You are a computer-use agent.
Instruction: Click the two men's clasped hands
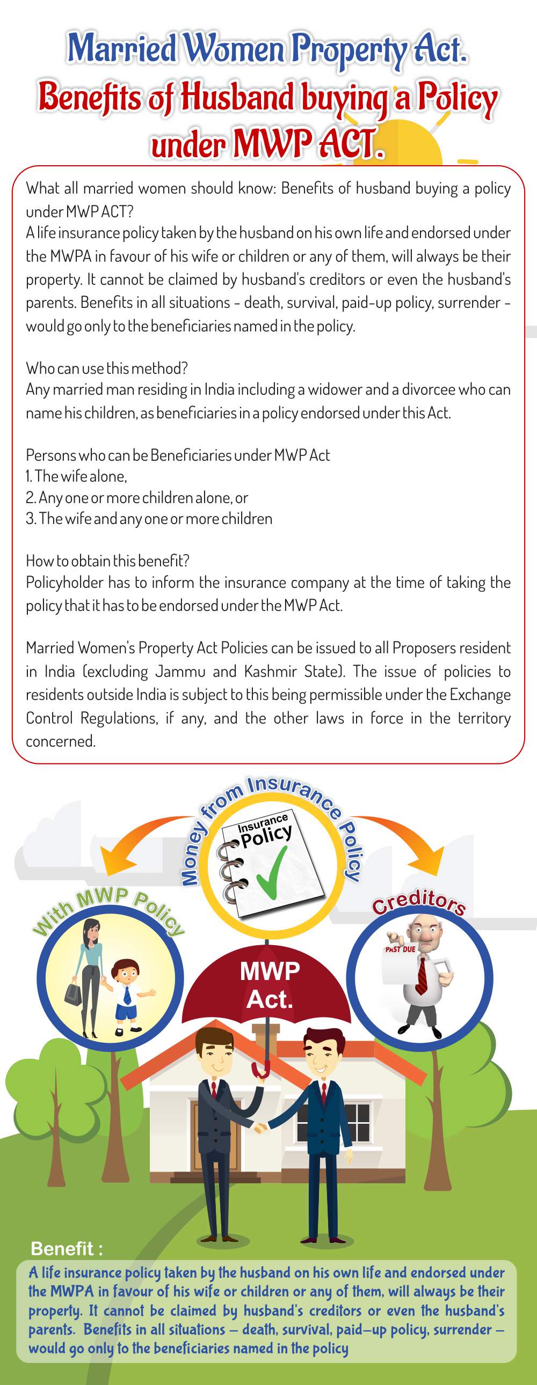tap(262, 1125)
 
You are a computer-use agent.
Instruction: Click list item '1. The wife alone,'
tap(76, 476)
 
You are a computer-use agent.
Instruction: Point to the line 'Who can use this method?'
tap(106, 369)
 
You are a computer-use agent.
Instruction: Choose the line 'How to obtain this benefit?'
tap(107, 561)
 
